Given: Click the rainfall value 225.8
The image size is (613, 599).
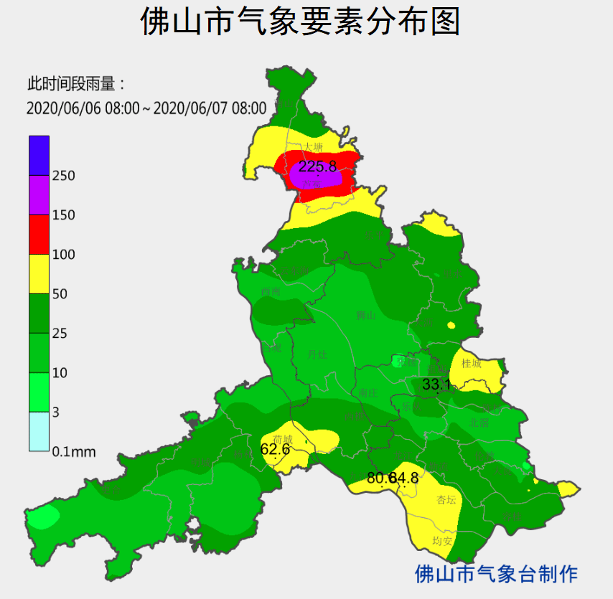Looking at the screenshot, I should (317, 166).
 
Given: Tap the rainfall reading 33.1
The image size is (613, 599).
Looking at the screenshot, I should (436, 385).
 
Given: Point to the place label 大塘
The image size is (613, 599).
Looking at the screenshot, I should (313, 146).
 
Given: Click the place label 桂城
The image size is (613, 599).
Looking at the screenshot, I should (471, 363).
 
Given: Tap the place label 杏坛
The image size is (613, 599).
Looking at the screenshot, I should (446, 500).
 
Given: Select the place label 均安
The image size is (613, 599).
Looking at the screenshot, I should (442, 541).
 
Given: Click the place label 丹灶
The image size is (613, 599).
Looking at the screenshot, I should (317, 354).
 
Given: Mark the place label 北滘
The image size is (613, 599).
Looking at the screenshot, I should (479, 423).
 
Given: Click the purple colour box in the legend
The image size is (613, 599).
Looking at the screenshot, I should (39, 194).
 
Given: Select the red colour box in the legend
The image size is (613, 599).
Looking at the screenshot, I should (39, 234).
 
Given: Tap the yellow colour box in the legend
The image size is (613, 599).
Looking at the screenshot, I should (39, 273).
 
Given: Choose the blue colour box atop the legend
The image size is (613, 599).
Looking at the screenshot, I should (39, 155).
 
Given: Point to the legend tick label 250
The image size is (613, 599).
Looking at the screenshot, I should (63, 176).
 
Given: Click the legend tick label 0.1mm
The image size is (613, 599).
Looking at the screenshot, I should (73, 452).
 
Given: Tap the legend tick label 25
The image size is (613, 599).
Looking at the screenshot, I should (60, 334).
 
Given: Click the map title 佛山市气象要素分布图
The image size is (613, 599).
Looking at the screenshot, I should (299, 22).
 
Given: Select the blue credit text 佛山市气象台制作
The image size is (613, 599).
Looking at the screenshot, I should (497, 573).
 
